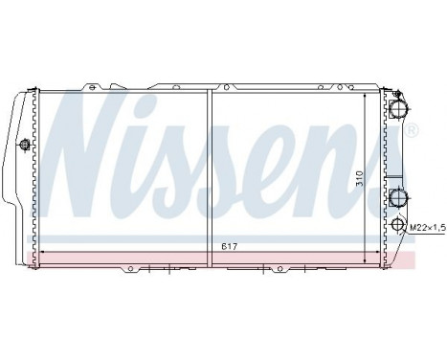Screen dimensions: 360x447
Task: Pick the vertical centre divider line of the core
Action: tap(208, 172)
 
